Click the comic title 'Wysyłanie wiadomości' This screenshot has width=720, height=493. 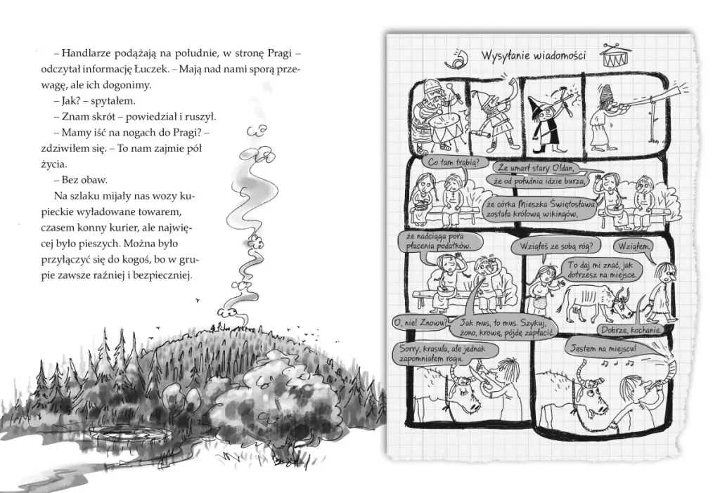(x=533, y=55)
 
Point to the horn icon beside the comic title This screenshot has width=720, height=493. (x=457, y=57)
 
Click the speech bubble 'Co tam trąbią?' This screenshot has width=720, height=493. (x=452, y=162)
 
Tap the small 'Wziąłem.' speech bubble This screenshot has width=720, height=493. (x=634, y=246)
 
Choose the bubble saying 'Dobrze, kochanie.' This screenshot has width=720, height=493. (x=631, y=330)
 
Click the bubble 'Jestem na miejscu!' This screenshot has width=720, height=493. (x=603, y=348)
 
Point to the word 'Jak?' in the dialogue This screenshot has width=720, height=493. (x=71, y=101)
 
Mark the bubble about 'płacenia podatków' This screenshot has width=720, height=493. (x=439, y=241)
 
